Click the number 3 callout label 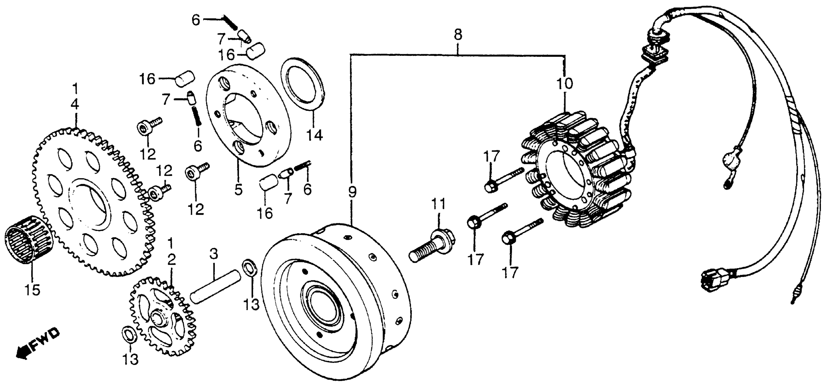click(x=214, y=254)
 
